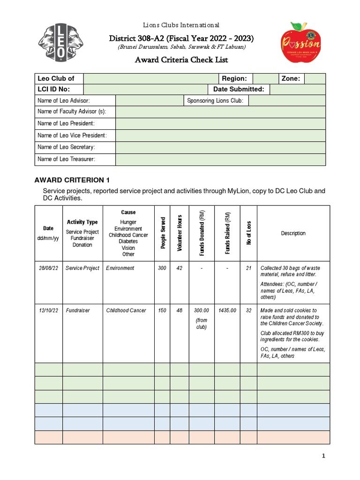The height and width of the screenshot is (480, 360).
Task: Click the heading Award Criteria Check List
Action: pyautogui.click(x=181, y=60)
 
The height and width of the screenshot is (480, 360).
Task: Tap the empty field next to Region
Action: pyautogui.click(x=265, y=79)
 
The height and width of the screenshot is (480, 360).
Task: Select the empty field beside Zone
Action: pyautogui.click(x=315, y=79)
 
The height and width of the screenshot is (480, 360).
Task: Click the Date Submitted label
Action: pyautogui.click(x=239, y=89)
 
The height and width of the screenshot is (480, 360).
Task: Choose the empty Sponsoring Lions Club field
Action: pyautogui.click(x=287, y=101)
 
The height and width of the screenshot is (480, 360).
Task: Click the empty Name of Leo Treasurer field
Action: pyautogui.click(x=220, y=159)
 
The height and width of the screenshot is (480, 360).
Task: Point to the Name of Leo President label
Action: pyautogui.click(x=66, y=123)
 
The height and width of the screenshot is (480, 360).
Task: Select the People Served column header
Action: pyautogui.click(x=163, y=233)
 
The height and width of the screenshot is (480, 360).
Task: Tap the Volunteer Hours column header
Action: pyautogui.click(x=180, y=233)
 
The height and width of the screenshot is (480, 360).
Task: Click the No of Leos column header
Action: pyautogui.click(x=249, y=233)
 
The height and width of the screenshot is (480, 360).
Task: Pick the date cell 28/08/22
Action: pyautogui.click(x=48, y=268)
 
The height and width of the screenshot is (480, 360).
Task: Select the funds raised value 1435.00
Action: pyautogui.click(x=227, y=310)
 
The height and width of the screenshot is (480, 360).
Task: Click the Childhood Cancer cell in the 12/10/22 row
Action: pyautogui.click(x=126, y=310)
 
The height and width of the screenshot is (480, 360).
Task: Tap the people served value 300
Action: pyautogui.click(x=162, y=268)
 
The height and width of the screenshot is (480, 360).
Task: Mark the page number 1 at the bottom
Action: pyautogui.click(x=323, y=456)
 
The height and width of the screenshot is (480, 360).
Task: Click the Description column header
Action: pyautogui.click(x=293, y=233)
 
